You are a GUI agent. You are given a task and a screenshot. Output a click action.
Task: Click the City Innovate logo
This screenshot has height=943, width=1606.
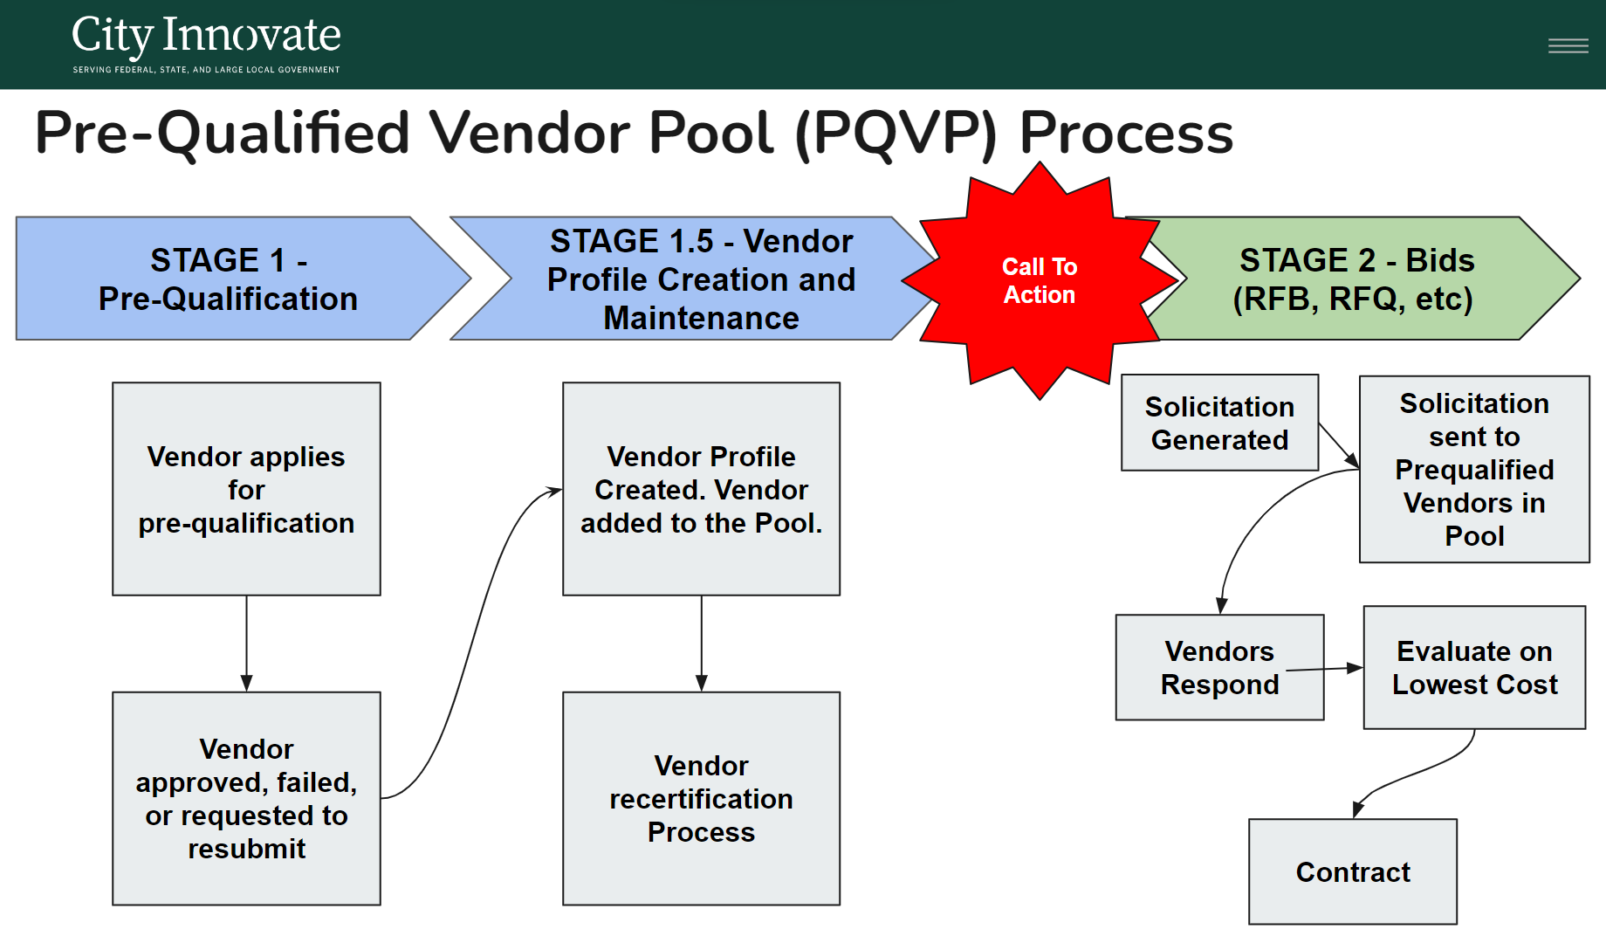(206, 43)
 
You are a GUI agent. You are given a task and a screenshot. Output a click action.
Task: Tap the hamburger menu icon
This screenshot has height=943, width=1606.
(1568, 45)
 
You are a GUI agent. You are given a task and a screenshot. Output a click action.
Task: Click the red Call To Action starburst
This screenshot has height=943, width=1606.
(1040, 280)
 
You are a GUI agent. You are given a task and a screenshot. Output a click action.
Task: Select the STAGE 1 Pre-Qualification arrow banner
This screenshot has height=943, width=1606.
(244, 279)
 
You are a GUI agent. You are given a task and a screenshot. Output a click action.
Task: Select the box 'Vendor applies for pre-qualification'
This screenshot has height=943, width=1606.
(246, 489)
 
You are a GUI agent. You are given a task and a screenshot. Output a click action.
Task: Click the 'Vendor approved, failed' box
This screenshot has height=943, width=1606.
(246, 799)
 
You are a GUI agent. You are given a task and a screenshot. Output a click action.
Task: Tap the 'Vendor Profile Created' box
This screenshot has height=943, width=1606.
(701, 489)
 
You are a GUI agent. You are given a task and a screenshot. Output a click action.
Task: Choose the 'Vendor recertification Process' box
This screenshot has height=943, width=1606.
(701, 799)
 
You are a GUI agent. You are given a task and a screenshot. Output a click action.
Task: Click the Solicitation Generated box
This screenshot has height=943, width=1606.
(1219, 423)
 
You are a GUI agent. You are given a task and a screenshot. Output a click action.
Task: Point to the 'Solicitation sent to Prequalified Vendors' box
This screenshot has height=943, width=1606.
(1474, 469)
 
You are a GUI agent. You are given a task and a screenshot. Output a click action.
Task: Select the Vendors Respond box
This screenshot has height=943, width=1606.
(1219, 667)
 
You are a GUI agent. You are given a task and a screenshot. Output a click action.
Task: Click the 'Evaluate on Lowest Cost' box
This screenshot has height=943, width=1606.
(1474, 667)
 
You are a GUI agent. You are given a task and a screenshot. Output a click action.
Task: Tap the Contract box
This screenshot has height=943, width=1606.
(1353, 871)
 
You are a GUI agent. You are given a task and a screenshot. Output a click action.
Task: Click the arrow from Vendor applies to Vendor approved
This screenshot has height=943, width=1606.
(246, 644)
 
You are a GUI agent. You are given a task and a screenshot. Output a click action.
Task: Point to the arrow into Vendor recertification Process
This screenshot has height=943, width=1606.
(701, 644)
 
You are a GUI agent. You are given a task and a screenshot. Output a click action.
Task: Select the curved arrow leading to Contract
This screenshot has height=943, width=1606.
(1418, 773)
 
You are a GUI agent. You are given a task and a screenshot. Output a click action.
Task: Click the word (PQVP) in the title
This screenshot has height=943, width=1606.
(896, 133)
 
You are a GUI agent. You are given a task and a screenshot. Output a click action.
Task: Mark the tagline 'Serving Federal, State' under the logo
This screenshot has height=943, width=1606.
(206, 70)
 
